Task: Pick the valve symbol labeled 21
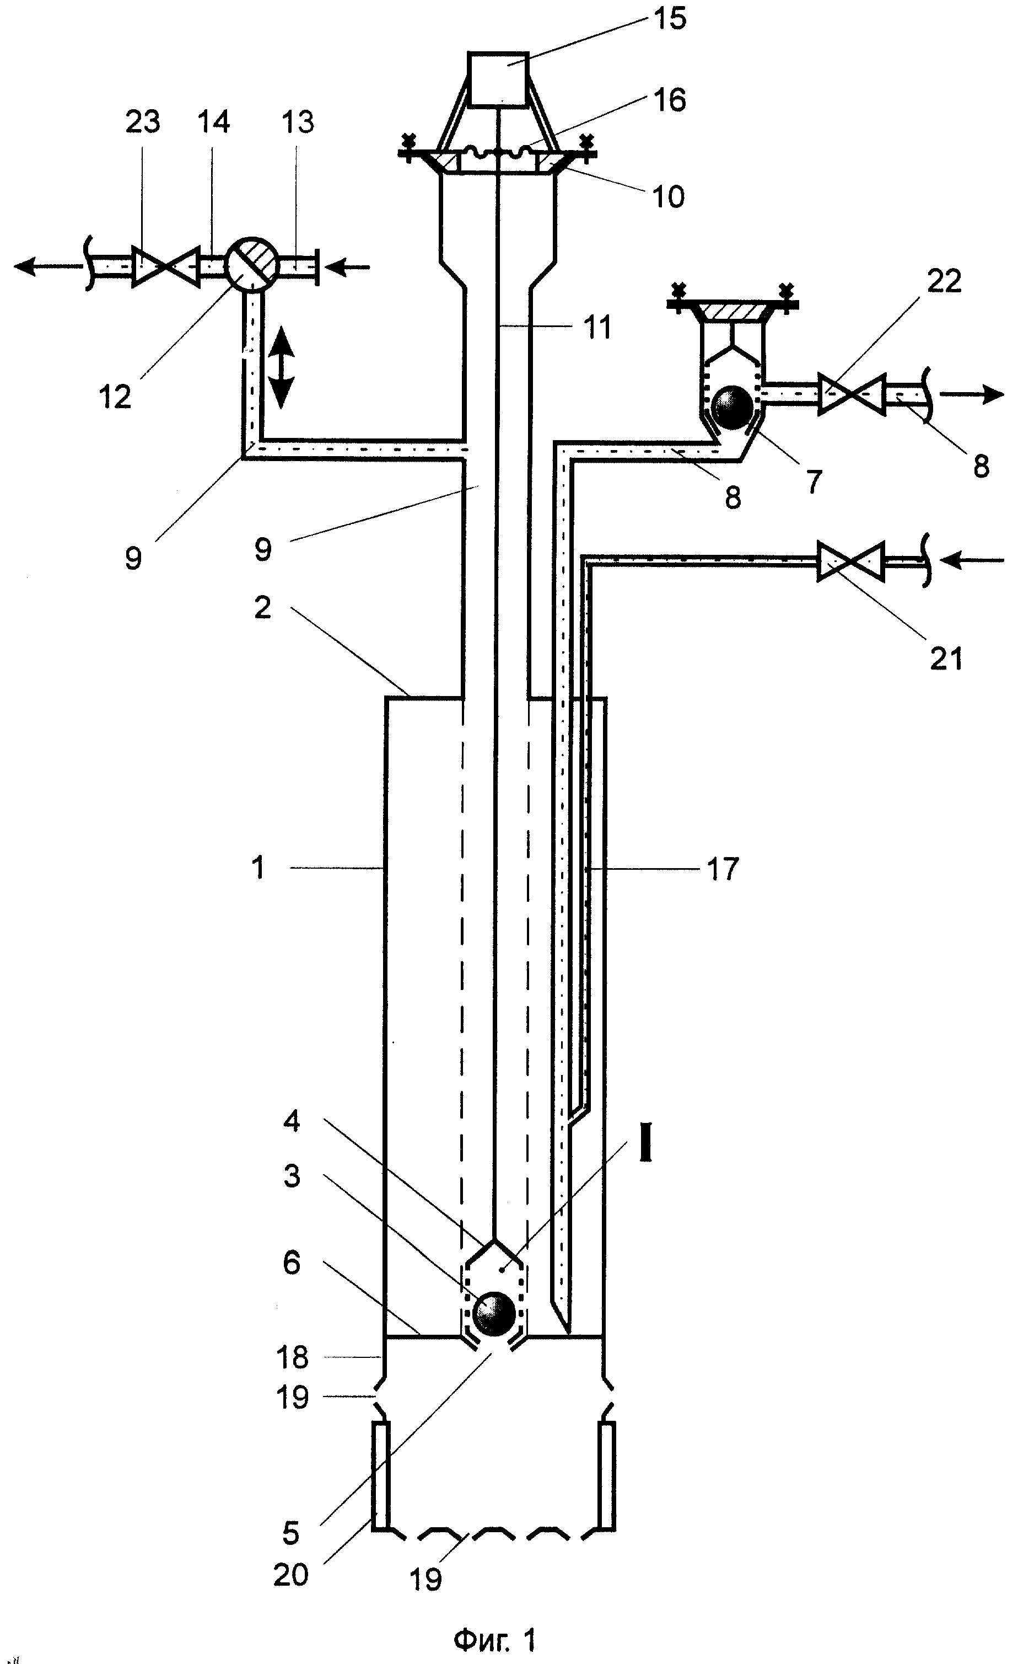pyautogui.click(x=850, y=560)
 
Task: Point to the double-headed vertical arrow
pyautogui.click(x=282, y=370)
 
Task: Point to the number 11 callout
pyautogui.click(x=597, y=327)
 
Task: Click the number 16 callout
pyautogui.click(x=670, y=100)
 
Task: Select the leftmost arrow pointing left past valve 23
pyautogui.click(x=49, y=267)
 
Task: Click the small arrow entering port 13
pyautogui.click(x=352, y=267)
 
